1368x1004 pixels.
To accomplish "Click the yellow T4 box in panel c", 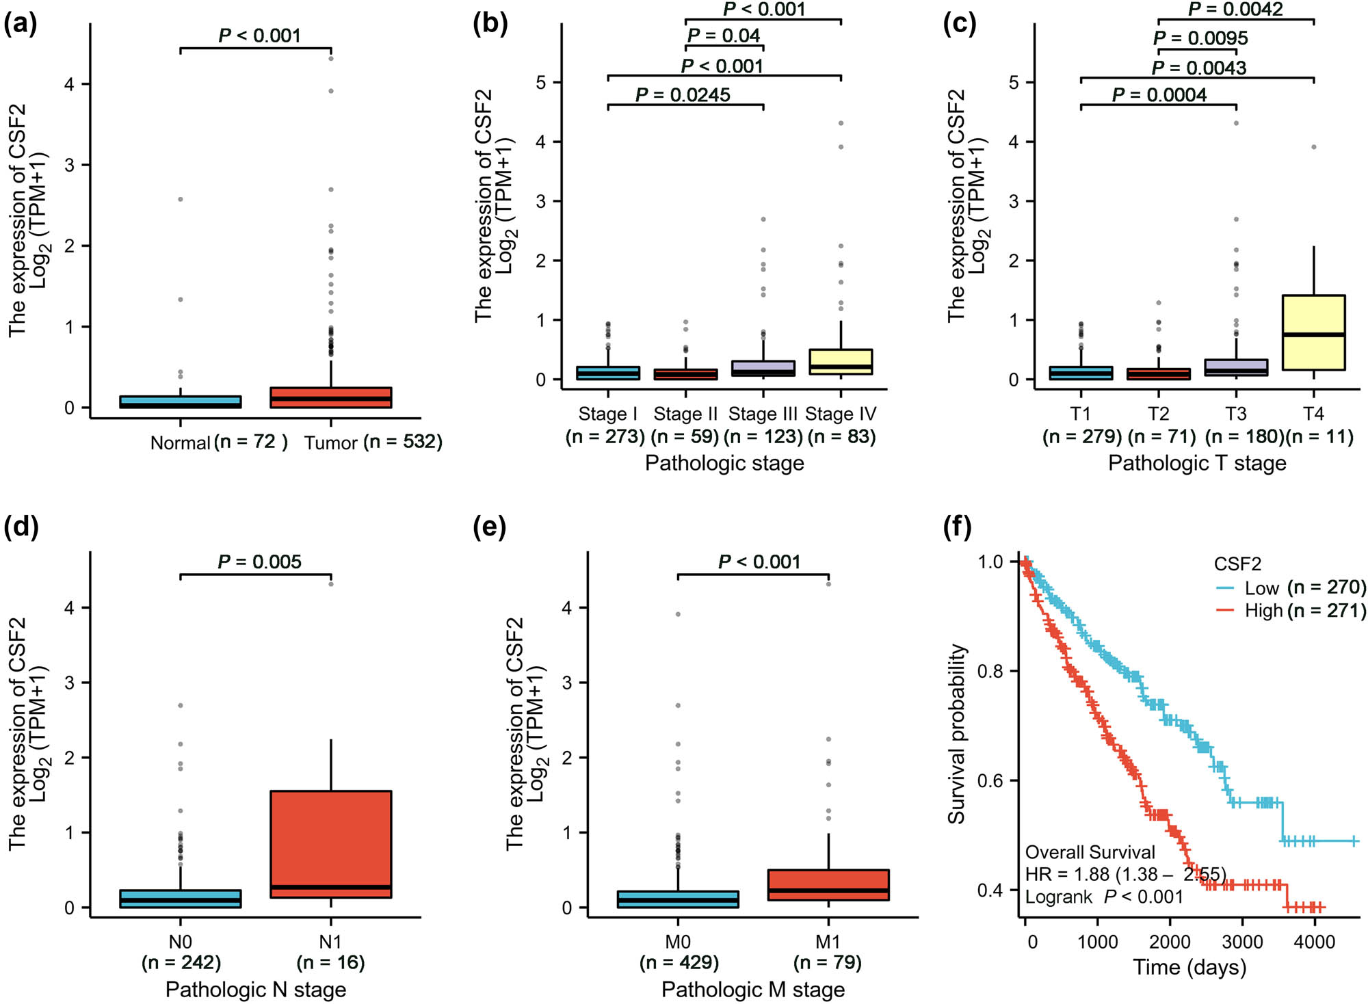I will pyautogui.click(x=1313, y=332).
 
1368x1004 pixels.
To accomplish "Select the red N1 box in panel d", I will pyautogui.click(x=330, y=844).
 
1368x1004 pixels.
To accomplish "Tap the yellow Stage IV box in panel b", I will pyautogui.click(x=841, y=361).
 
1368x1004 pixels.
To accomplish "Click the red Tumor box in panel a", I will pyautogui.click(x=330, y=397).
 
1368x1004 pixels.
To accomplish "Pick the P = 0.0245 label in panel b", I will pyautogui.click(x=683, y=94).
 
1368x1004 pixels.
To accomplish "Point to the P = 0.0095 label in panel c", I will pyautogui.click(x=1200, y=38).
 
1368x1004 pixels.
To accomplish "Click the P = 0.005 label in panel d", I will pyautogui.click(x=259, y=562).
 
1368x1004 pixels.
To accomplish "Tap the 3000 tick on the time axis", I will pyautogui.click(x=1242, y=942).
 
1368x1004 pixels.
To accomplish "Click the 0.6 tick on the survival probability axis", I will pyautogui.click(x=990, y=780).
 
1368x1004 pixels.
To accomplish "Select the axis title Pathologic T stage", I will pyautogui.click(x=1197, y=463).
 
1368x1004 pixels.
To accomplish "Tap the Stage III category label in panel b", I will pyautogui.click(x=763, y=414).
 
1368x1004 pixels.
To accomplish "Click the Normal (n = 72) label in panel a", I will pyautogui.click(x=218, y=442).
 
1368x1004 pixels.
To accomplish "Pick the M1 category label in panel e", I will pyautogui.click(x=828, y=942).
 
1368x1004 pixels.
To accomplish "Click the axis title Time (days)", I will pyautogui.click(x=1189, y=967).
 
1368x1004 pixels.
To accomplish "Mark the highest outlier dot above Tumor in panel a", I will pyautogui.click(x=331, y=58).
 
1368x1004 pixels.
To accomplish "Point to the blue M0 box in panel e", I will pyautogui.click(x=678, y=899).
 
